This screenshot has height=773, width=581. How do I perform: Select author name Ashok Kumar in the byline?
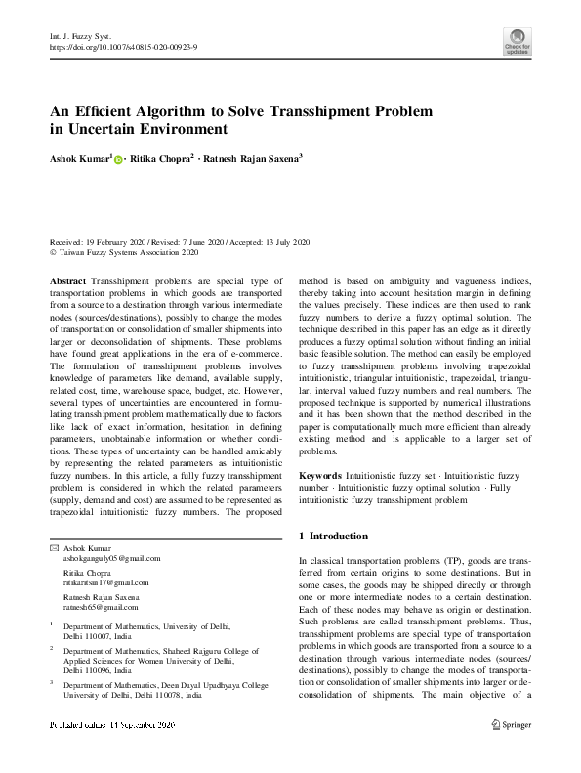(x=79, y=157)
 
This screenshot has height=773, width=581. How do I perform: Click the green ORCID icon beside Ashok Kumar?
(x=118, y=158)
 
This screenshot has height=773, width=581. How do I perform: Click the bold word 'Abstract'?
(x=67, y=280)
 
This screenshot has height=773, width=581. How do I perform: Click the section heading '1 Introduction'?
(x=333, y=537)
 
